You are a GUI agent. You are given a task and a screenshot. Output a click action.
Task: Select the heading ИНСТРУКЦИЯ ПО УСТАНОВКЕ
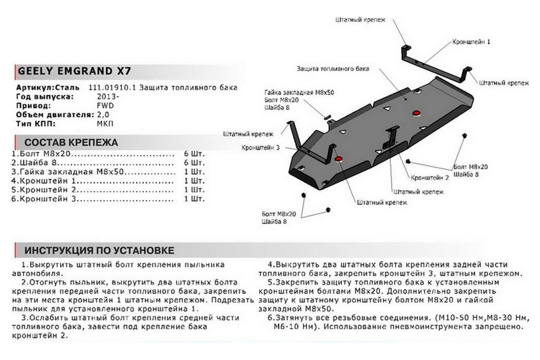(x=99, y=250)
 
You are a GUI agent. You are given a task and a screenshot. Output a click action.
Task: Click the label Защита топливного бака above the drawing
(x=333, y=69)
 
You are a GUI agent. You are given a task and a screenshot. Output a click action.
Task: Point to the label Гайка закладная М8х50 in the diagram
(x=302, y=93)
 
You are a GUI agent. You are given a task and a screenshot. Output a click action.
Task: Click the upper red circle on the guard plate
(x=416, y=112)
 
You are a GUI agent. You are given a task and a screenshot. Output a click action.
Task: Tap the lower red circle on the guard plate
(x=339, y=158)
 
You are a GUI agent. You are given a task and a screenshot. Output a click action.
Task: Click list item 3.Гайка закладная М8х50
(x=68, y=172)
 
